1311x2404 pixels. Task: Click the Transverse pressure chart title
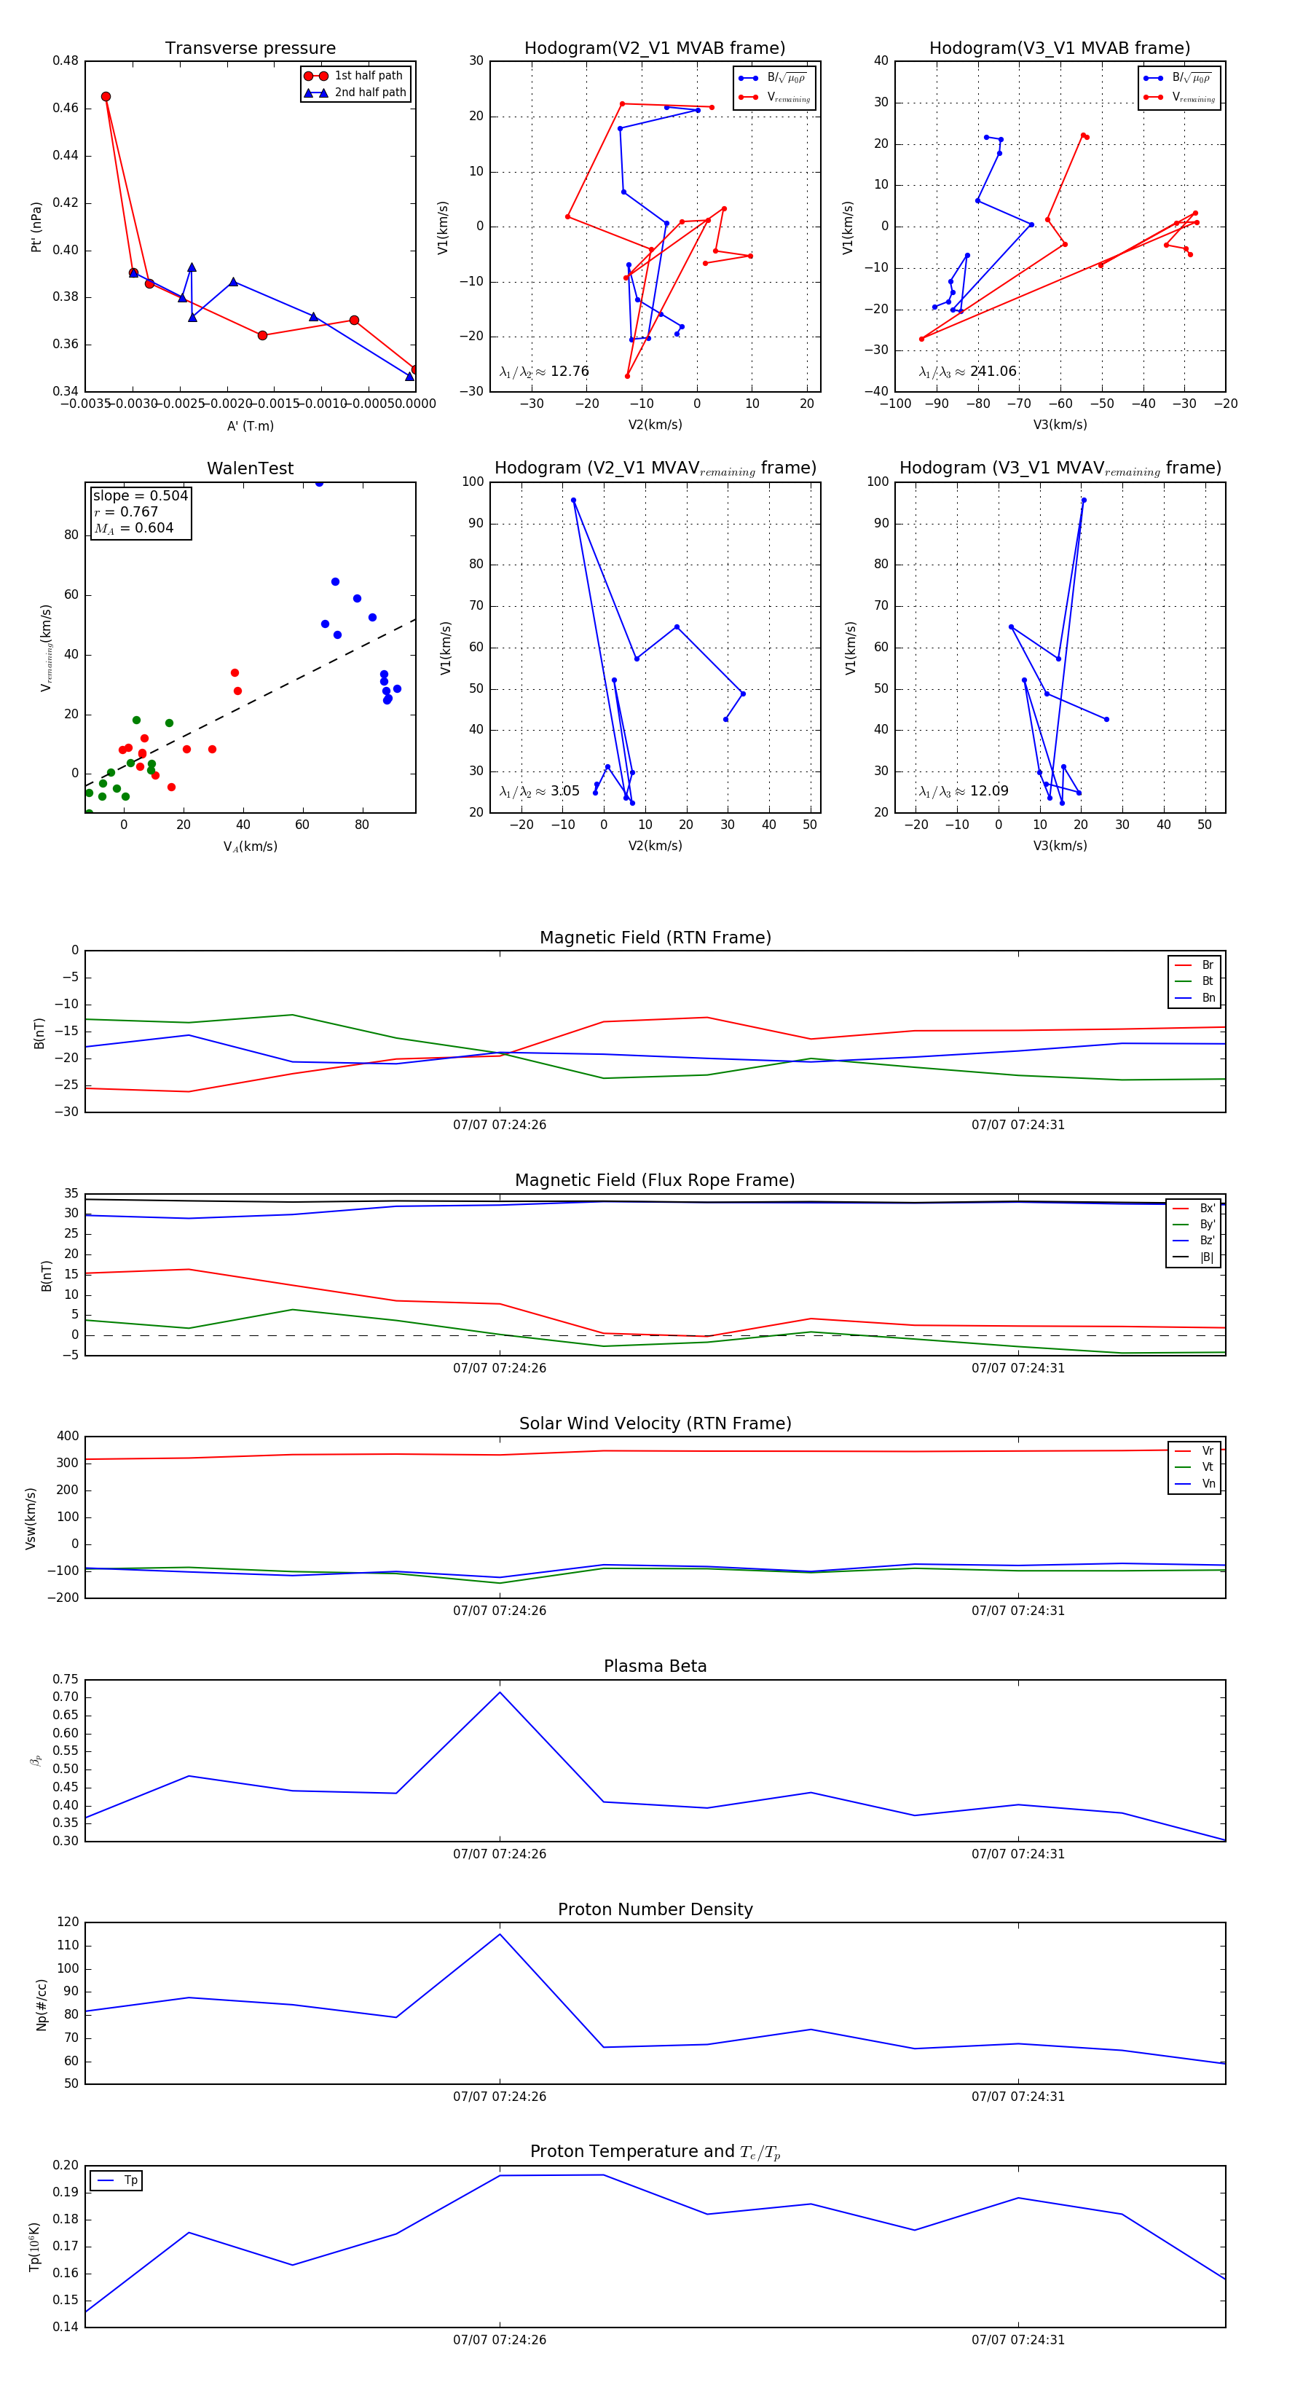(250, 49)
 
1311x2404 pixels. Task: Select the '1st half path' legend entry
(368, 76)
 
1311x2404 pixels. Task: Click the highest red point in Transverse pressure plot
(106, 97)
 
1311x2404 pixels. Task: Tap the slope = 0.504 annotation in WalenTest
(140, 495)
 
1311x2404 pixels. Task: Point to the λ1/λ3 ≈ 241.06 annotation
(968, 372)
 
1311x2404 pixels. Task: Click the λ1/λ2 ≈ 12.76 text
(544, 372)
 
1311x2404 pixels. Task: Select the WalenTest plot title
(250, 468)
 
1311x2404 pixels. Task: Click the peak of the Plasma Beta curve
(499, 1693)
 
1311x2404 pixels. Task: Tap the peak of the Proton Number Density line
(499, 1933)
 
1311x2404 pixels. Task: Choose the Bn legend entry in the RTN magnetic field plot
(1208, 997)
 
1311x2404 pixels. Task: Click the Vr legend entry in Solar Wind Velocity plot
(1208, 1451)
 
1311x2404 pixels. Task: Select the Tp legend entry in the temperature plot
(130, 2180)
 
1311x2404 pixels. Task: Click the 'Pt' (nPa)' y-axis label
(36, 227)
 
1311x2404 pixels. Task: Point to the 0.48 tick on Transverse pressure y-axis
(66, 60)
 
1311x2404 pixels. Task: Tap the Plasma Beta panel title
(655, 1666)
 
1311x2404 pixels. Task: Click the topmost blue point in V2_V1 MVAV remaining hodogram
(573, 500)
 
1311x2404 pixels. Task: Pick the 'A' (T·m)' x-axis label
(250, 425)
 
